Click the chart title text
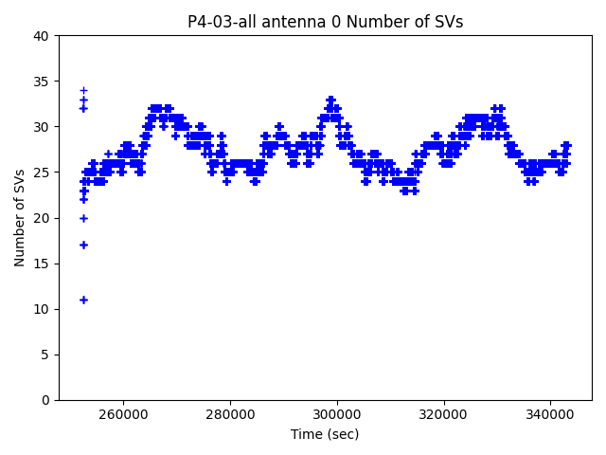click(x=325, y=22)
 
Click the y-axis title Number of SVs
click(x=20, y=218)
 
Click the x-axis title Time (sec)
click(x=325, y=434)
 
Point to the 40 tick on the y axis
click(x=43, y=36)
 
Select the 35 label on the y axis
click(x=43, y=82)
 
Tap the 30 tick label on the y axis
click(x=43, y=127)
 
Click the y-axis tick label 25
click(x=43, y=173)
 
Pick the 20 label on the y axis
click(x=43, y=218)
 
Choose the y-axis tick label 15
click(x=43, y=264)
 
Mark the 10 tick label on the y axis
click(x=43, y=309)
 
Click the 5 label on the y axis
click(x=46, y=355)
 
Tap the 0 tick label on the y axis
click(x=46, y=400)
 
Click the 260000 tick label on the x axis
click(x=123, y=414)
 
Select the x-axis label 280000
click(x=230, y=414)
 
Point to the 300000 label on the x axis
click(x=337, y=414)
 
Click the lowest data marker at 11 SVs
click(x=83, y=300)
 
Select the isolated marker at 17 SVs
click(x=83, y=245)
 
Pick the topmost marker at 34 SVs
click(x=83, y=90)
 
